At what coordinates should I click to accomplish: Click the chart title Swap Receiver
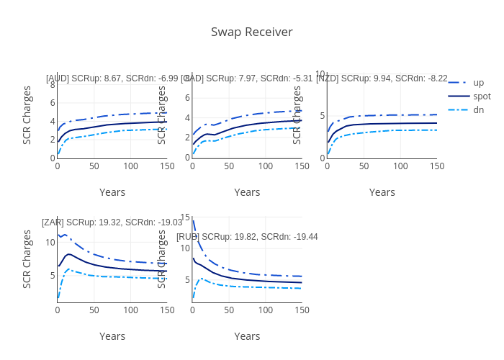coord(251,32)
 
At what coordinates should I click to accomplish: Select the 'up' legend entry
coord(478,82)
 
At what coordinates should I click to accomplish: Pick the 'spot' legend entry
coord(481,96)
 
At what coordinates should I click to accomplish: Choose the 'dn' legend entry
coord(478,109)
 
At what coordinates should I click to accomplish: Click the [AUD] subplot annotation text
coord(112,78)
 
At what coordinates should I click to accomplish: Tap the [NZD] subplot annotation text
coord(382,78)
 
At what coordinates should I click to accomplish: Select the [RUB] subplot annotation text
coord(247,236)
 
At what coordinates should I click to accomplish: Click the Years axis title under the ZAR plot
coord(112,336)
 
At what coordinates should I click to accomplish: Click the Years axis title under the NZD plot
coord(382,192)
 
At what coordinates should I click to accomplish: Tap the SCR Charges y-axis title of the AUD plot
coord(27,115)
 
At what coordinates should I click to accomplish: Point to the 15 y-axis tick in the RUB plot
coord(185,217)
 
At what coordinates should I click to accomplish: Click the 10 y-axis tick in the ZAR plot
coord(50,242)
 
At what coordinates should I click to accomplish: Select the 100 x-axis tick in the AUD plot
coord(130,166)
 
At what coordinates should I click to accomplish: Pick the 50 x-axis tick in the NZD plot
coord(364,166)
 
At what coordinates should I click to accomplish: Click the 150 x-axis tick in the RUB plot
coord(302,310)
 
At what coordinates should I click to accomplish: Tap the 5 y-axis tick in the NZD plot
coord(323,116)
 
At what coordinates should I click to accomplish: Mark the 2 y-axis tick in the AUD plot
coord(53,140)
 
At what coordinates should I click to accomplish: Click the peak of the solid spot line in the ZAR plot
coord(68,254)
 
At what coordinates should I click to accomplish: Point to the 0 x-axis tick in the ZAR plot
coord(58,310)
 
